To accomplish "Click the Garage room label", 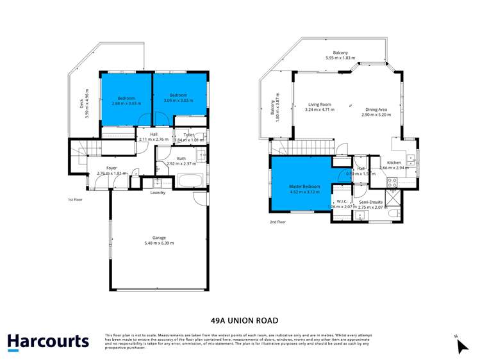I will point(158,238).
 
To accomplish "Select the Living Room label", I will point(319,104).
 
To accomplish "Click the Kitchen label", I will point(393,163).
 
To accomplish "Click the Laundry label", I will point(158,192).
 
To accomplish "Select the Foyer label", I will point(112,168).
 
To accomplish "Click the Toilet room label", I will point(189,135).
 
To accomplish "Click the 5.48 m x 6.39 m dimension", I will point(158,243).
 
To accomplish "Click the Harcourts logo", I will point(48,341).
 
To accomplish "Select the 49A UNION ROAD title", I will point(240,320).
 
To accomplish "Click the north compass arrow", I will point(462,346).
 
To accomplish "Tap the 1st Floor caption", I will point(75,200).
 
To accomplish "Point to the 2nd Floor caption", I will point(277,222).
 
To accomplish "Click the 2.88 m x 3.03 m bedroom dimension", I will point(125,103).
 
